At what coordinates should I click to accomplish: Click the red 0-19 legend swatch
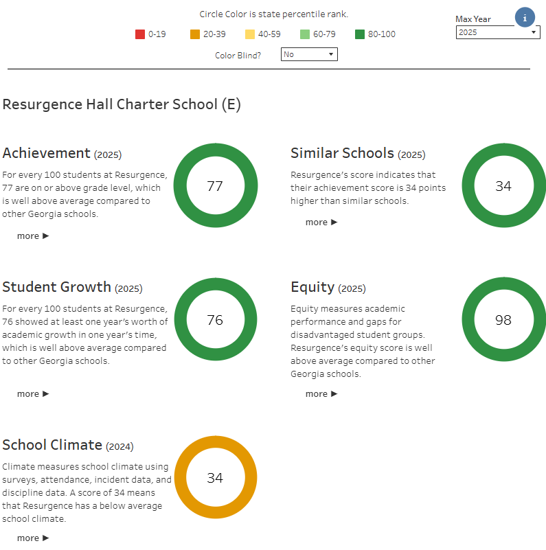point(140,34)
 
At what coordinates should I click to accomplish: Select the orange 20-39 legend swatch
point(195,34)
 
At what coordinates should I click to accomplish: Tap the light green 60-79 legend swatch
point(305,34)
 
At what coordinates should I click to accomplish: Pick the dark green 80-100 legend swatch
point(360,34)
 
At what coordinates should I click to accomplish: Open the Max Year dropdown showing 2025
point(498,32)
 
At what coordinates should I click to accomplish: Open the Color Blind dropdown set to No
point(309,54)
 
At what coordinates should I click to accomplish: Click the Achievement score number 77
point(215,186)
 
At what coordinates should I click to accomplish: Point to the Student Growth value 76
point(215,320)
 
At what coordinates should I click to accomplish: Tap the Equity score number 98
point(503,320)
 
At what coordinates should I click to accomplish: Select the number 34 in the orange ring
point(215,478)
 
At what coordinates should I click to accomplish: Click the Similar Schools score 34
point(503,186)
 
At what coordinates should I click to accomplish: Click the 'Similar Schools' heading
point(342,153)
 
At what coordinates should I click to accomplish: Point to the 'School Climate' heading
point(52,445)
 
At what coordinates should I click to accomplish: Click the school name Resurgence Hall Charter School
point(122,104)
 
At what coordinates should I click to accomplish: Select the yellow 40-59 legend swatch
point(250,34)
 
